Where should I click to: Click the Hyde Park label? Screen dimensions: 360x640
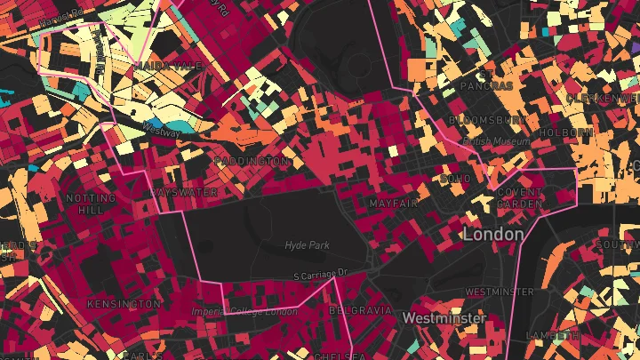coord(307,244)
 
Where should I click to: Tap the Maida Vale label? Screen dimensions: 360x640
coord(167,66)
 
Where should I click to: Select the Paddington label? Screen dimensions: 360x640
coord(252,162)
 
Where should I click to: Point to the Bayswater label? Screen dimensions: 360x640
coord(183,192)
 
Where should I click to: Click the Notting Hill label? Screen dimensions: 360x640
coord(91,204)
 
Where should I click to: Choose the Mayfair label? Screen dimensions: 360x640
coord(393,204)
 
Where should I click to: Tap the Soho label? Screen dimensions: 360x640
coord(455,179)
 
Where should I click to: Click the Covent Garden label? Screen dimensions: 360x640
coord(519,197)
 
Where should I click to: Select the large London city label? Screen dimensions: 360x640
coord(492,234)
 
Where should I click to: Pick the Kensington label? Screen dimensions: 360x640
coord(124,304)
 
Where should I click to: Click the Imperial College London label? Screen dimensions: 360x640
coord(244,311)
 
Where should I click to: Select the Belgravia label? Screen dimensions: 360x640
coord(360,311)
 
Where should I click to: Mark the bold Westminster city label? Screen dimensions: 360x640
coord(444,317)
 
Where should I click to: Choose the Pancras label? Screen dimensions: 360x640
coord(486,86)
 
